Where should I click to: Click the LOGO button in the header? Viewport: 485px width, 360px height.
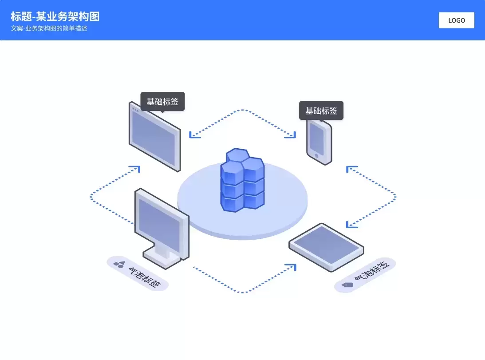[x=456, y=20]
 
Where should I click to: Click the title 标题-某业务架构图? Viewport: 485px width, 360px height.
[x=55, y=16]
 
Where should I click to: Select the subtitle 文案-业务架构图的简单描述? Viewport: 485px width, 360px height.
[x=49, y=28]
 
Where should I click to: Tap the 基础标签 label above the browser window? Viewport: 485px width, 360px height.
[x=163, y=102]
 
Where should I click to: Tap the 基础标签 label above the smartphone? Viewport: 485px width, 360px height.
[x=321, y=111]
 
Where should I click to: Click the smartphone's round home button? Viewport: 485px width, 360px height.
[x=316, y=156]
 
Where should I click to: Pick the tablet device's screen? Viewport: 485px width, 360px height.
[x=326, y=245]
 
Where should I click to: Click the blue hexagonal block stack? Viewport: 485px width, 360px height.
[x=242, y=180]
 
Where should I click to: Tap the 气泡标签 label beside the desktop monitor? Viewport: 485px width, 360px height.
[x=145, y=277]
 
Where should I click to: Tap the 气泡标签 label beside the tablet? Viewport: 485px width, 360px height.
[x=371, y=270]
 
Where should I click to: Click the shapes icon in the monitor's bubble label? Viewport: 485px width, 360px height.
[x=119, y=265]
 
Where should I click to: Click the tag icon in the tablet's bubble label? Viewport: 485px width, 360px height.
[x=347, y=285]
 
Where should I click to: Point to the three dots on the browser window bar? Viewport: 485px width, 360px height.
[x=135, y=109]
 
